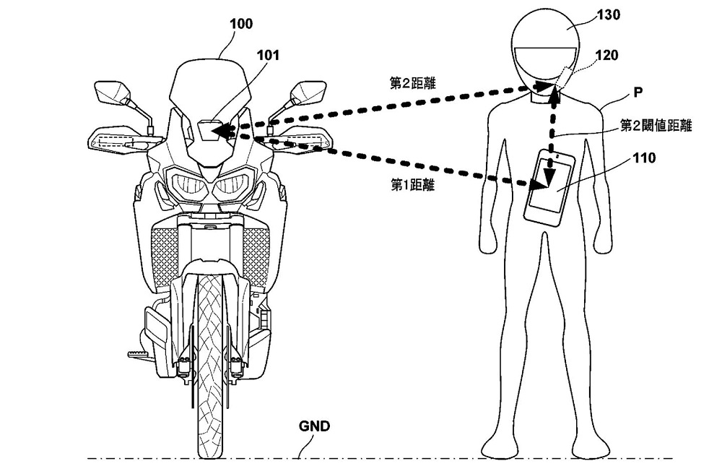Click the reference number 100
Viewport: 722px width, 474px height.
click(240, 23)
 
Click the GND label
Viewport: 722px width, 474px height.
click(314, 426)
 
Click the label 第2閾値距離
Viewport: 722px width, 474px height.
click(656, 126)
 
